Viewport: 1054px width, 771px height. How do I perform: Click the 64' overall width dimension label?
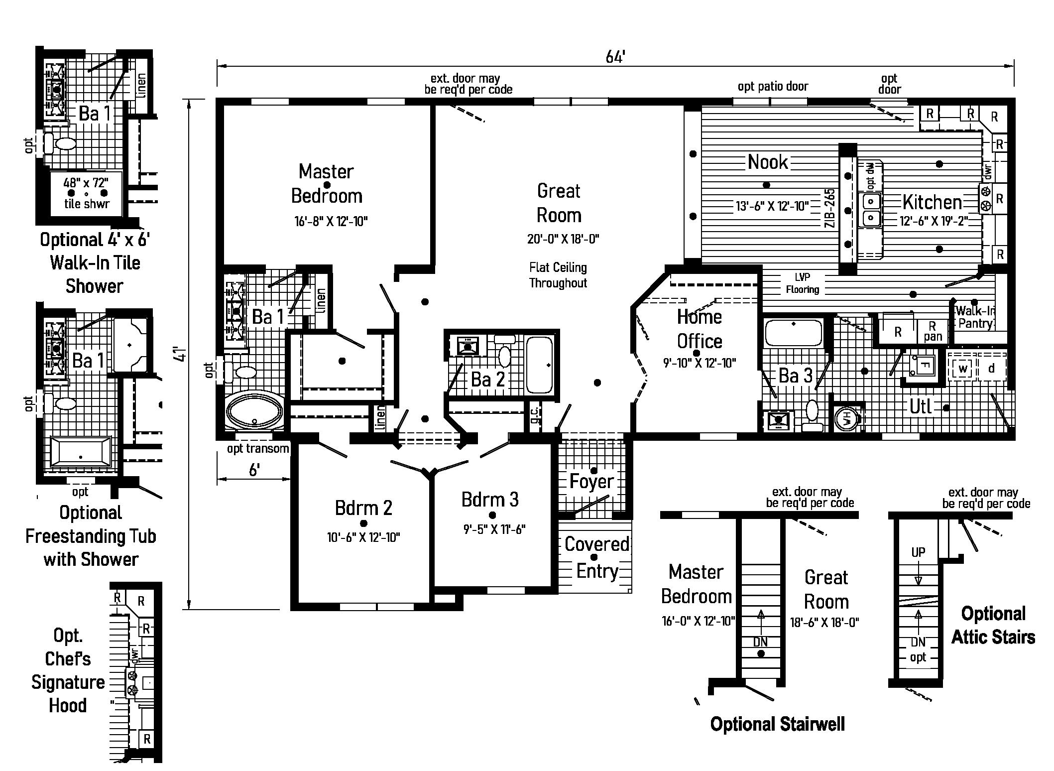coord(615,58)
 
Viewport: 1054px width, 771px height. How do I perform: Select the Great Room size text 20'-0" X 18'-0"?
coord(563,240)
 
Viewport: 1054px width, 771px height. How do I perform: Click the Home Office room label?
coord(699,329)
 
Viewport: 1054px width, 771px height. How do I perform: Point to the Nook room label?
coord(768,162)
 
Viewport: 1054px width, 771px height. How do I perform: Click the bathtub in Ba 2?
coord(539,365)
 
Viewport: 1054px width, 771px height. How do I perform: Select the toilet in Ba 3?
coord(812,413)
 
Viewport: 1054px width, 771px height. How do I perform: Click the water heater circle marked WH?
coord(846,419)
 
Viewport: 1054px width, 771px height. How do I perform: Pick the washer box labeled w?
coord(963,369)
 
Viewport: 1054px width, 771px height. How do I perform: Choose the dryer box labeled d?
coord(991,369)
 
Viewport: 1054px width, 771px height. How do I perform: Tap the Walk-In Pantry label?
coord(975,317)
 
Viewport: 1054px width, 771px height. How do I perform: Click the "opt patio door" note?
coord(773,87)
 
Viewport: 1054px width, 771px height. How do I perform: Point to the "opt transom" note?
coord(258,449)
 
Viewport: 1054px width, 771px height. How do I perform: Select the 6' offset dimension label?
coord(254,470)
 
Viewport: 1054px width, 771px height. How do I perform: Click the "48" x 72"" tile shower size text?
coord(86,182)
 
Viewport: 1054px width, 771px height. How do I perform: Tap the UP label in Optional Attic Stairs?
coord(918,552)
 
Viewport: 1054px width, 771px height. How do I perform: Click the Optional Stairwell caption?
coord(777,724)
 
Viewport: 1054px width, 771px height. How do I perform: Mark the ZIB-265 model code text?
coord(829,208)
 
